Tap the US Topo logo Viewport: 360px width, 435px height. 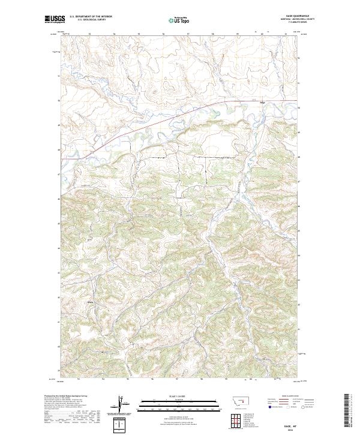[x=175, y=20]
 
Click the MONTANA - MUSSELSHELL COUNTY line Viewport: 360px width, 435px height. [x=293, y=20]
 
